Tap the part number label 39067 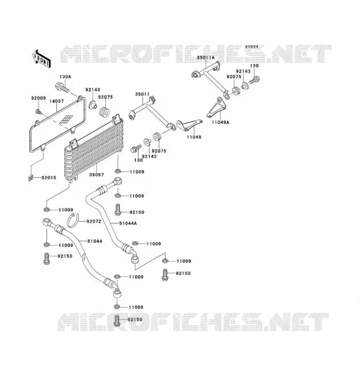tap(97, 175)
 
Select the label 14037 tap(56, 101)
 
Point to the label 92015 tap(49, 178)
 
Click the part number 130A tap(65, 77)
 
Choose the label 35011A tap(206, 58)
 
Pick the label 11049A tap(220, 122)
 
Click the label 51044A tap(128, 223)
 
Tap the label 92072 tap(94, 222)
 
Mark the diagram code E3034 tap(252, 47)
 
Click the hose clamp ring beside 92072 tap(73, 220)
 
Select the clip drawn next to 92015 tap(30, 178)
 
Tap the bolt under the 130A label tap(62, 88)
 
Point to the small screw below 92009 tap(38, 112)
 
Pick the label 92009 tap(38, 98)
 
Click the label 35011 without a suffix tap(142, 94)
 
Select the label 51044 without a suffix tap(95, 241)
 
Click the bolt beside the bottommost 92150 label tap(117, 320)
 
